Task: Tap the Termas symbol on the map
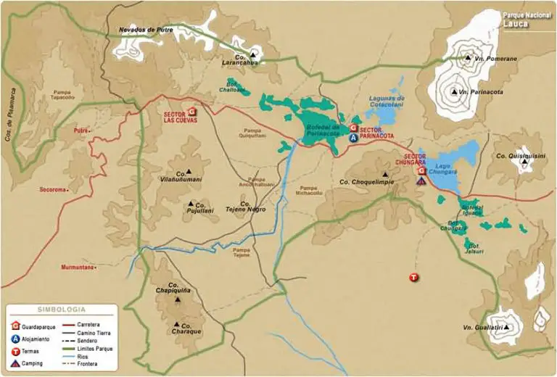point(413,277)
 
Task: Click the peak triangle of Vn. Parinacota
point(454,92)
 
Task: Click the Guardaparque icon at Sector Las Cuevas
point(192,112)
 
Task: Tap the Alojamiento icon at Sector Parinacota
point(353,136)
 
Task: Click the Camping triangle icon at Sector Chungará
point(421,181)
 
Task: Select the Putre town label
point(81,131)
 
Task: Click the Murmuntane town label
point(78,268)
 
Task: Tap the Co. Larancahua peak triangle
point(253,54)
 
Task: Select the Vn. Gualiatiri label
point(482,328)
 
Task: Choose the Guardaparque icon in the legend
point(15,325)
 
